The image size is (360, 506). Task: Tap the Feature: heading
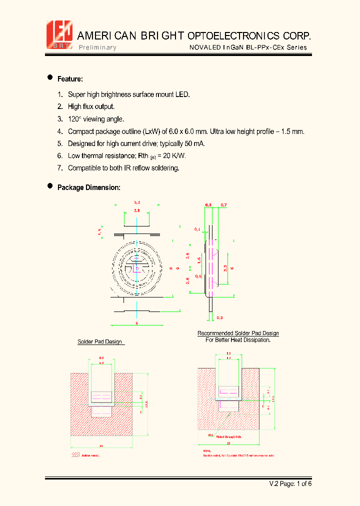70,79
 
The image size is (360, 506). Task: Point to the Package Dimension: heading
88,187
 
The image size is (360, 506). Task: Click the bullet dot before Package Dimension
50,186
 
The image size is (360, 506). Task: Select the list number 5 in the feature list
59,143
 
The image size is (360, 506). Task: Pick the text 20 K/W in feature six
174,156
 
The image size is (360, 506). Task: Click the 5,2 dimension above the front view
136,202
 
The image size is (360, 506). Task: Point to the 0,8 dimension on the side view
208,205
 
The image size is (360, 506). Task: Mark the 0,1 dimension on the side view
197,229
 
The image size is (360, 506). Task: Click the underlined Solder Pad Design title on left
99,342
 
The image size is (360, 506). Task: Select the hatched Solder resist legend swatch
75,455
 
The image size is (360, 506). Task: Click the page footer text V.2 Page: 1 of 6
290,483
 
